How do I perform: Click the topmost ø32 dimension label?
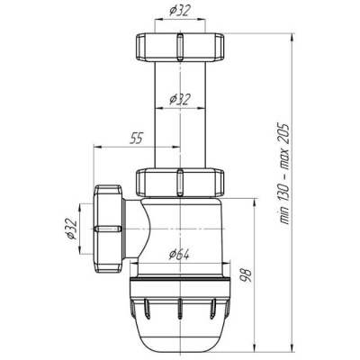pyautogui.click(x=180, y=11)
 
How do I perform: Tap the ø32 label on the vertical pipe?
pyautogui.click(x=180, y=99)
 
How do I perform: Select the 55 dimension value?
pyautogui.click(x=136, y=139)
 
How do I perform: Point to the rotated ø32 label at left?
pyautogui.click(x=72, y=229)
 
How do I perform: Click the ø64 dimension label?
pyautogui.click(x=179, y=256)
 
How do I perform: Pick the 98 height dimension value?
pyautogui.click(x=246, y=274)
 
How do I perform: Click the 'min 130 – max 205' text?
pyautogui.click(x=283, y=173)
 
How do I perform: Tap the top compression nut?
pyautogui.click(x=180, y=48)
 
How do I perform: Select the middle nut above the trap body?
pyautogui.click(x=180, y=184)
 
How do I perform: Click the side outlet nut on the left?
pyautogui.click(x=108, y=229)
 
